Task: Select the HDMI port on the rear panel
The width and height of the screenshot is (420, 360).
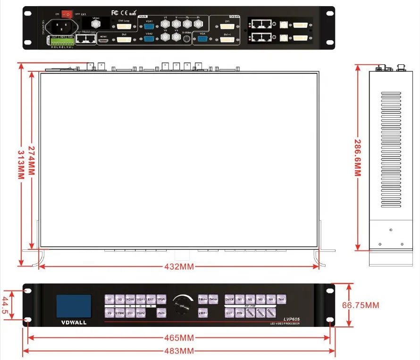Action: click(103, 42)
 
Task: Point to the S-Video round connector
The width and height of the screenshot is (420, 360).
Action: click(188, 39)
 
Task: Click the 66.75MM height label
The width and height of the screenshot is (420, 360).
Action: click(360, 305)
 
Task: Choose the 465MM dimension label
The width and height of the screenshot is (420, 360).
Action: click(180, 338)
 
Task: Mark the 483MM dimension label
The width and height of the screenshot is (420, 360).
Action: click(180, 351)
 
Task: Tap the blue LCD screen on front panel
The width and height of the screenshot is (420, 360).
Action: click(74, 306)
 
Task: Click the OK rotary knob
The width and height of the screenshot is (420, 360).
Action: click(182, 307)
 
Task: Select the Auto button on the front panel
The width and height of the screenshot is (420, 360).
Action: click(161, 313)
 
